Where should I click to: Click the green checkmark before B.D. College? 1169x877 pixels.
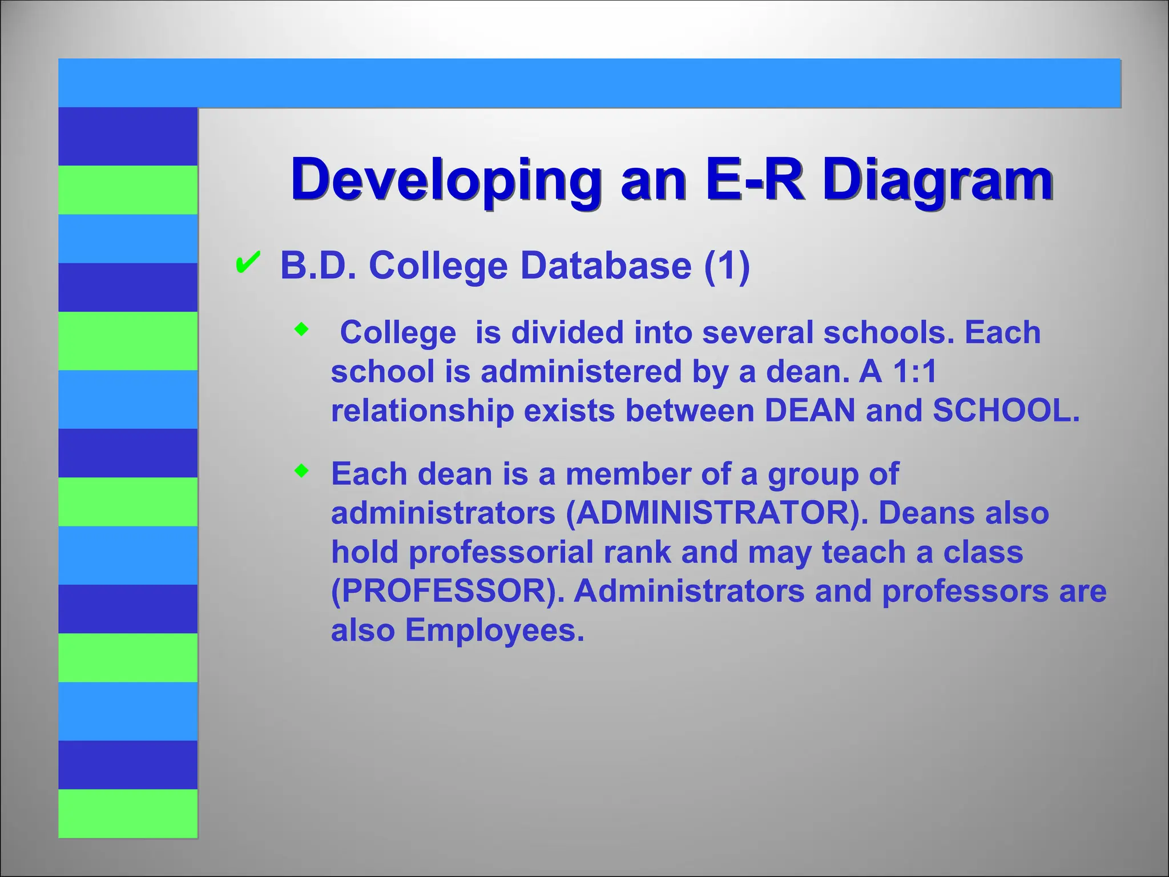[x=248, y=263]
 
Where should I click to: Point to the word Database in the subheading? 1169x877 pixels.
[x=606, y=266]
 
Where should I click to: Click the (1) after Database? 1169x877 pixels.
[x=727, y=266]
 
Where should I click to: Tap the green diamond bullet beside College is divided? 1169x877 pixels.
[x=301, y=329]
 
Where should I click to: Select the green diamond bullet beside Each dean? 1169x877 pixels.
[x=301, y=471]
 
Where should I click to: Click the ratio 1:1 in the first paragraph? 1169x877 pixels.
[x=914, y=372]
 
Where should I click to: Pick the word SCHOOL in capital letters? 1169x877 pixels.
[x=1006, y=411]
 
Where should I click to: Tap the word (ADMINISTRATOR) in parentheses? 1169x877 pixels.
[x=717, y=513]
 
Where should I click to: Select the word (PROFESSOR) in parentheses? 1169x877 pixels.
[x=448, y=592]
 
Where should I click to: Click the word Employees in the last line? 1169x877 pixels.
[x=494, y=631]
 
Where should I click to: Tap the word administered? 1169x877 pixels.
[x=581, y=372]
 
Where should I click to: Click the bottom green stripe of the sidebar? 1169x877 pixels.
[x=128, y=813]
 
